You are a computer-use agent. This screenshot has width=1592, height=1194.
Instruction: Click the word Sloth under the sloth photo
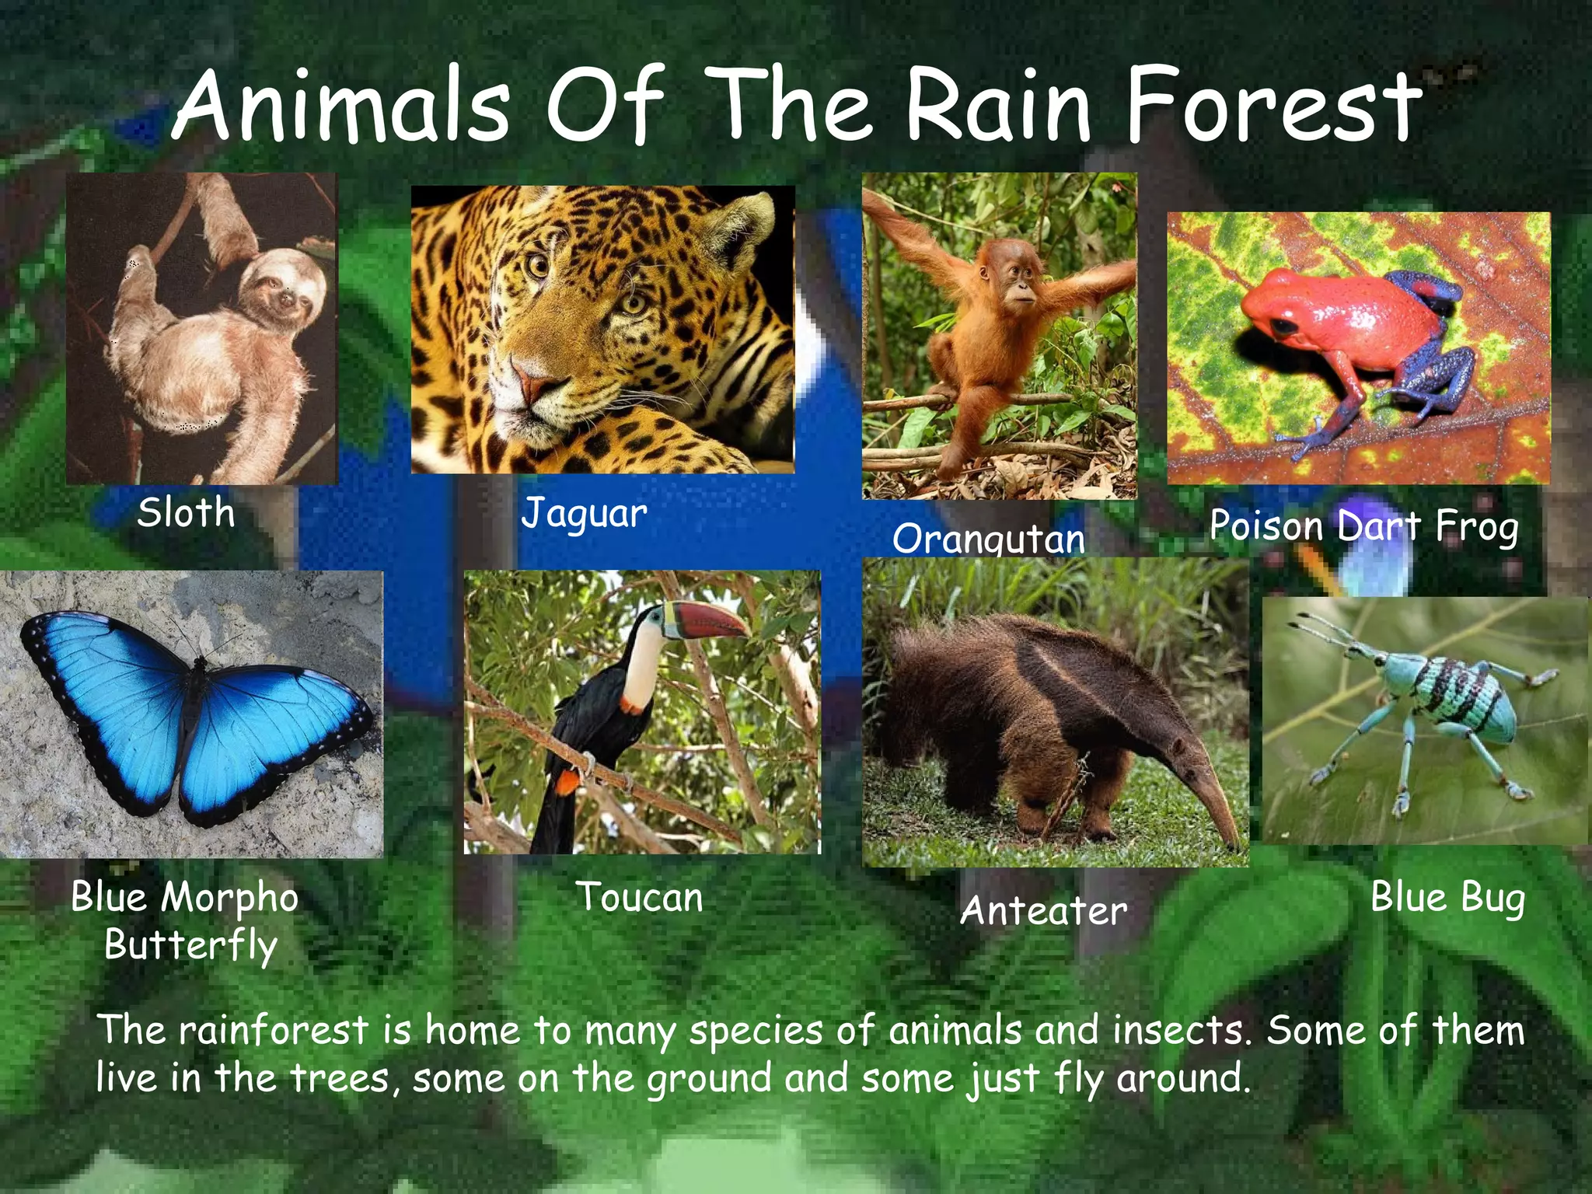[x=186, y=513]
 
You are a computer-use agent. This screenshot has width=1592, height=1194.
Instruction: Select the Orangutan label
[x=988, y=539]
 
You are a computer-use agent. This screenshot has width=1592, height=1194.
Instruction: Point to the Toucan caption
[x=639, y=897]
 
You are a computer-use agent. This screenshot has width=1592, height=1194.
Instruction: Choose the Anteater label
[x=1043, y=910]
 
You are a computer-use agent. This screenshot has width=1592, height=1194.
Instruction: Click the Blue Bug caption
[x=1447, y=898]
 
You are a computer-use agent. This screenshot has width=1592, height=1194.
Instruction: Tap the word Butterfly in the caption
[x=190, y=945]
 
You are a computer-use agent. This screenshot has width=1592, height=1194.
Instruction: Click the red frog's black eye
[x=1285, y=325]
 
